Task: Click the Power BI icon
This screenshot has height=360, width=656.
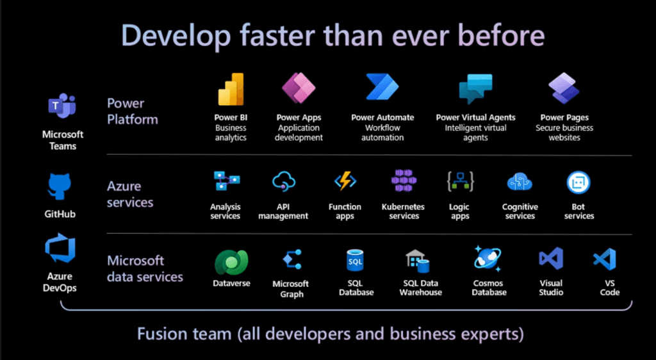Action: [231, 89]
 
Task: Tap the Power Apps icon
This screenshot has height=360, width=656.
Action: [299, 88]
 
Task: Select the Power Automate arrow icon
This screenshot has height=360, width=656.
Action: [382, 87]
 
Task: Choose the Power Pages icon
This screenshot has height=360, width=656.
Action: [564, 88]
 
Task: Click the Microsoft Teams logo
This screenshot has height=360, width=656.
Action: [62, 106]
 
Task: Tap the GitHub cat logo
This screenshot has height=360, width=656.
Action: [60, 187]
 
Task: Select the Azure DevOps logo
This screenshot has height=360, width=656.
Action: [60, 249]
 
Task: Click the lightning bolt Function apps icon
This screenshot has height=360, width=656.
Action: [345, 181]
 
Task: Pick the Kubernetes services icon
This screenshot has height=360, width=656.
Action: [404, 181]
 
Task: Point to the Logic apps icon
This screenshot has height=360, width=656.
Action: [460, 181]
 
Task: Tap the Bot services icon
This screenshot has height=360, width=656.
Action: [578, 183]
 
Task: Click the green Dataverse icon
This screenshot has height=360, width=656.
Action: [231, 263]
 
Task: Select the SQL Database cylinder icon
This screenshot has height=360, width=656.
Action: [355, 261]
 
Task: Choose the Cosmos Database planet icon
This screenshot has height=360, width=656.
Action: [488, 259]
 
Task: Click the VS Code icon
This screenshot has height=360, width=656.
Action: [605, 259]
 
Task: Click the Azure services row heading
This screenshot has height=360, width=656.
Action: [130, 195]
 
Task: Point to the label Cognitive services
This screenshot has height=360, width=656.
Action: [520, 211]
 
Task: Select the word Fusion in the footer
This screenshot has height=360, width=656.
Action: [163, 334]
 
